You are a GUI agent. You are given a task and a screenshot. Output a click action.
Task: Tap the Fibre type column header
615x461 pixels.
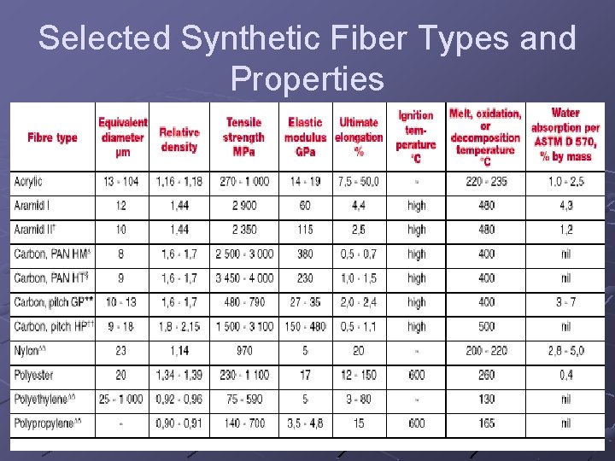[x=52, y=137]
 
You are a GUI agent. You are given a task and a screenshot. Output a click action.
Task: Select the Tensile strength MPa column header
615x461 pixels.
[x=243, y=137]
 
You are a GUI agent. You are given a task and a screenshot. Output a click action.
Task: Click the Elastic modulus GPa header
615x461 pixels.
[x=305, y=137]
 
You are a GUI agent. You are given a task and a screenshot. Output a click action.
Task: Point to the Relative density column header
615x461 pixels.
[x=179, y=139]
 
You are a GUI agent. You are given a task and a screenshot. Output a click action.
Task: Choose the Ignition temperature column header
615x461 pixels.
[x=416, y=137]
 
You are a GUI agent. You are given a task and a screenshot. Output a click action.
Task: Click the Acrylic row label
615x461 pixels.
[x=28, y=182]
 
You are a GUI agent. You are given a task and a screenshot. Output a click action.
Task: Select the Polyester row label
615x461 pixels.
[x=32, y=375]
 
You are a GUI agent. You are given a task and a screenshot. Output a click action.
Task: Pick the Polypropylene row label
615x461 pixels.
[x=43, y=423]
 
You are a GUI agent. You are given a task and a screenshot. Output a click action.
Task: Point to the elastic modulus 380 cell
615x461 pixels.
[x=305, y=254]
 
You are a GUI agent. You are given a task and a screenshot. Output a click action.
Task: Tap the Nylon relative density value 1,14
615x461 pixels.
[x=179, y=350]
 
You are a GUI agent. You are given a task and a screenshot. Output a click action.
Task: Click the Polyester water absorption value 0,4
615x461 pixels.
[x=565, y=375]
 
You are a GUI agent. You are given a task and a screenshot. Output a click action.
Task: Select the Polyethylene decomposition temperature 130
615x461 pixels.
[x=486, y=399]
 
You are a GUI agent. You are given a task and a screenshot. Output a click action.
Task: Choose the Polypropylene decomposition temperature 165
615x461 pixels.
[x=486, y=423]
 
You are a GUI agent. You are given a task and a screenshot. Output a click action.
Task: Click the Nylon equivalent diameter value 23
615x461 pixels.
[x=121, y=350]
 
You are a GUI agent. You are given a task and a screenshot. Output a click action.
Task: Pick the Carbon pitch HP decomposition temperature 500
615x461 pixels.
[x=486, y=326]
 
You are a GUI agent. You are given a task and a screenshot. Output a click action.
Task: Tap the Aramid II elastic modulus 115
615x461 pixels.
[x=305, y=230]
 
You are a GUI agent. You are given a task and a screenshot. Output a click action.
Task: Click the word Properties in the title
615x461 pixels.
[x=307, y=79]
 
